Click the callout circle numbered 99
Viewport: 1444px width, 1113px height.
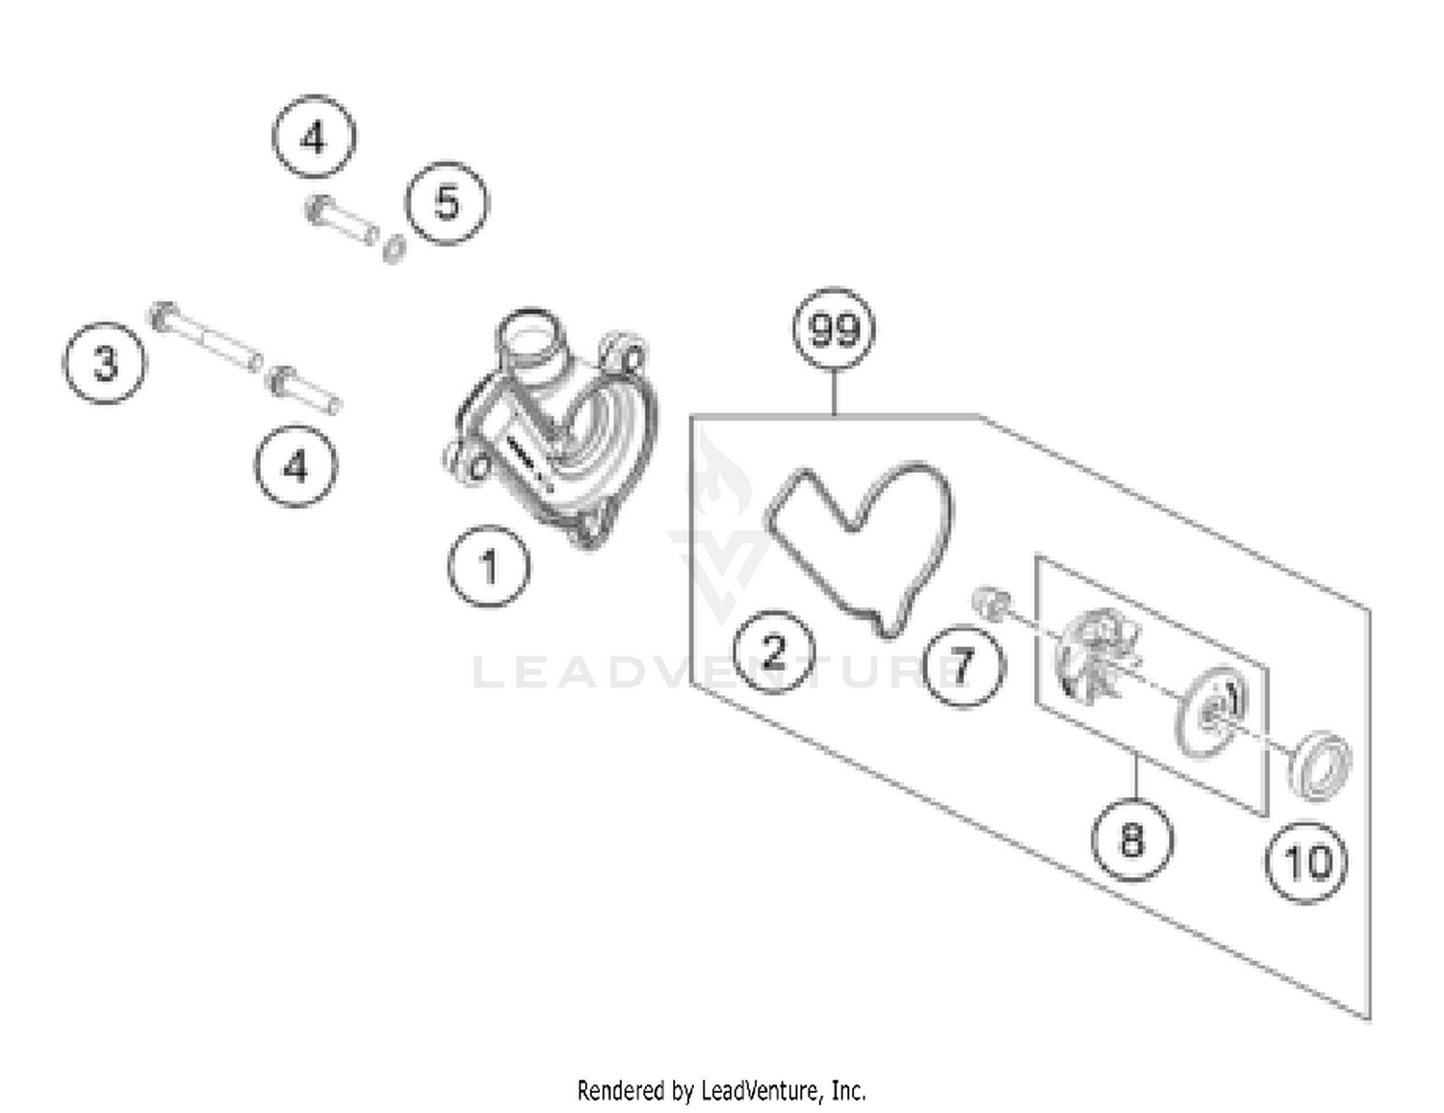click(834, 329)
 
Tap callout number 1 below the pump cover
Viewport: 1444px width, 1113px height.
click(489, 566)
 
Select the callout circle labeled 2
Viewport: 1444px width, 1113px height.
click(774, 652)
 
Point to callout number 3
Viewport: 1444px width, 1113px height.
click(105, 364)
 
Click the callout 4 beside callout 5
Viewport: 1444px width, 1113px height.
click(314, 137)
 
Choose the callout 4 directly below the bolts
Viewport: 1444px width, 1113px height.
click(296, 466)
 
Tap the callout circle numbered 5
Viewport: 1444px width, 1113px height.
click(447, 203)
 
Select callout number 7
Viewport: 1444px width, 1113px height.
click(963, 665)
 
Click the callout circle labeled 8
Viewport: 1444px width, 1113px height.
click(1132, 839)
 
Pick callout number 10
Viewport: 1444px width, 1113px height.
click(1306, 862)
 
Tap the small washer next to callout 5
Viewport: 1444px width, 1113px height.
click(394, 248)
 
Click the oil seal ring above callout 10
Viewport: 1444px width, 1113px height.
click(1319, 765)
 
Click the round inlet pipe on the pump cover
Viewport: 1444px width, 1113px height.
click(527, 342)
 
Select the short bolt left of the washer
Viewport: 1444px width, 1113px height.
click(341, 220)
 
